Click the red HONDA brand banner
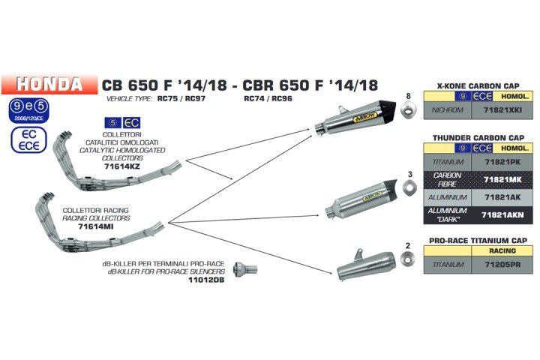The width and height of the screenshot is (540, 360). pos(49,83)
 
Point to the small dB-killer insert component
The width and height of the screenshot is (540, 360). pos(245,268)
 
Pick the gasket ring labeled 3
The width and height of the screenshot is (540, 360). pos(409,190)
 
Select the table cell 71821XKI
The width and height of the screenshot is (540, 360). pos(504,110)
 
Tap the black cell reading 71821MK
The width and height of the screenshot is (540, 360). pos(504,179)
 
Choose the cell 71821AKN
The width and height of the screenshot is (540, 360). pos(504,214)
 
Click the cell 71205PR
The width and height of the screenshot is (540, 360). pos(504,265)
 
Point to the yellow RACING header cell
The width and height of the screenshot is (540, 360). pos(504,251)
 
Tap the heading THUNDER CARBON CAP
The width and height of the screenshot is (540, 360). pos(478,137)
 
